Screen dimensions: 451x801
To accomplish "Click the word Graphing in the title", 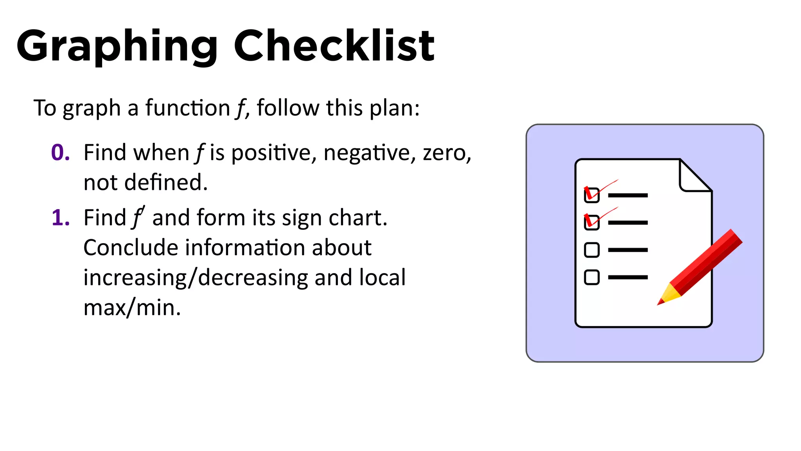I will coord(117,46).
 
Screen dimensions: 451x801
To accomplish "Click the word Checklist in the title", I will coord(334,46).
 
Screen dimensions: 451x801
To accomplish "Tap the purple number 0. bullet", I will coord(61,152).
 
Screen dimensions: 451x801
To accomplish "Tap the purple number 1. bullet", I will coord(61,218).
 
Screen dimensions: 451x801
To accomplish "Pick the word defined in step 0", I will coord(166,182).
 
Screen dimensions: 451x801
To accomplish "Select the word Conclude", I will coord(131,247).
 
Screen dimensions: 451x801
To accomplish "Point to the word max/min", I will coord(132,308).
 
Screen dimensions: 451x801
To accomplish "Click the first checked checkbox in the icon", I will coord(591,195).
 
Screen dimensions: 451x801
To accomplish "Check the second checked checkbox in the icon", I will coord(591,222).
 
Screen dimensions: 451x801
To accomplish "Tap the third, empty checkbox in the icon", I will coord(591,250).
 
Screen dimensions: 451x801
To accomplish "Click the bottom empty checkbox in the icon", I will coord(591,277).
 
